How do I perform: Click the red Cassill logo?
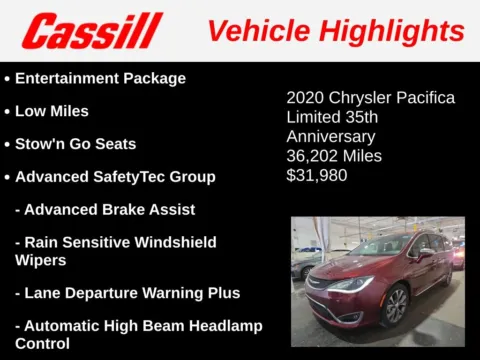[x=92, y=30]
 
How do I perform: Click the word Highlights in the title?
[x=393, y=30]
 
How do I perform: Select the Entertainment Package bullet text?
[x=100, y=78]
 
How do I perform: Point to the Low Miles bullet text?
[x=52, y=111]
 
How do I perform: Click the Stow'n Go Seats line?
[x=75, y=144]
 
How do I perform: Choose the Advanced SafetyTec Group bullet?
[x=115, y=177]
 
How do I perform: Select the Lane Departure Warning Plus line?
[x=128, y=293]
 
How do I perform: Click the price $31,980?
[x=318, y=175]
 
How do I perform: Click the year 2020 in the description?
[x=304, y=98]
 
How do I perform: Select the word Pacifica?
[x=423, y=98]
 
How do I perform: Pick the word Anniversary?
[x=331, y=137]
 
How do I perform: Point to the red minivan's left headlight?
[x=350, y=284]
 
